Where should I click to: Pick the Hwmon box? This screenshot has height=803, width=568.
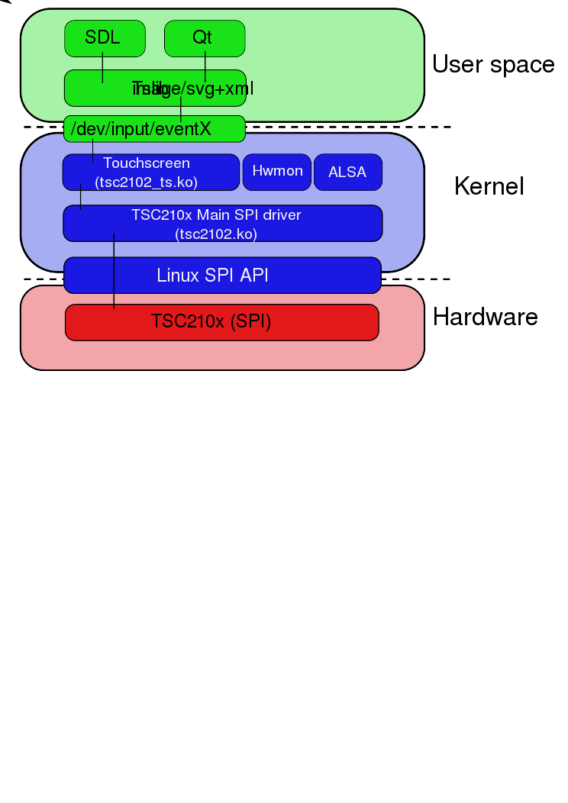277,172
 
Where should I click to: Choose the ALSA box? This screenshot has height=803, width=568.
347,173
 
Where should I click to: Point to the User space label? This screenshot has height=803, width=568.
493,65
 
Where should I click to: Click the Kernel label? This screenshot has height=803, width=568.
489,186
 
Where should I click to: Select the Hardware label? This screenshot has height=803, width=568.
486,317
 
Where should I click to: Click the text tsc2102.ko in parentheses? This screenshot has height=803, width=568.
216,234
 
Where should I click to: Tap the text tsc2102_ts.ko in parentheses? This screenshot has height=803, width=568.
147,182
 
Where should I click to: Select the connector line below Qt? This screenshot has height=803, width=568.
205,64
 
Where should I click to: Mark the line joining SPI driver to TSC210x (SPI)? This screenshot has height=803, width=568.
114,282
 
